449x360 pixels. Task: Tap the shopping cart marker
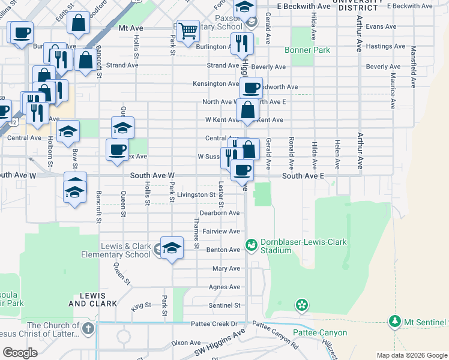coord(188,30)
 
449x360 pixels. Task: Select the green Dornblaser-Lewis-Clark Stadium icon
coord(252,245)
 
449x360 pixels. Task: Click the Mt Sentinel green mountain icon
coord(394,322)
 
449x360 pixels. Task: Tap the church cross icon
coord(88,328)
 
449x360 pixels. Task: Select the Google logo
coord(20,353)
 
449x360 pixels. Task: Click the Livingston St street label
coord(196,195)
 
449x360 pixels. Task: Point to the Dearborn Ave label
coord(220,213)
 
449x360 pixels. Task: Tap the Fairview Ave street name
coord(221,231)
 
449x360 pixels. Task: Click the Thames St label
coord(196,233)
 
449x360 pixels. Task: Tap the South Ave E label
coord(303,176)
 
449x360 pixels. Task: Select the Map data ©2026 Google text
coord(411,355)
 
